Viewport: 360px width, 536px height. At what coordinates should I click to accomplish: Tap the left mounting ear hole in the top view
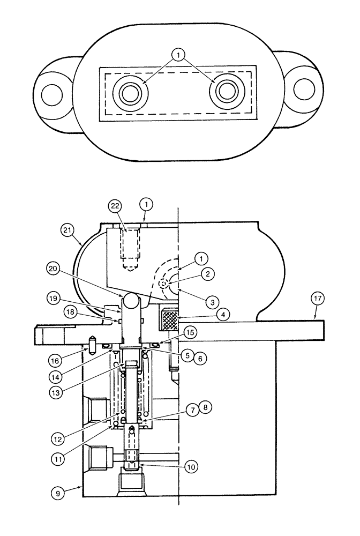pyautogui.click(x=52, y=95)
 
